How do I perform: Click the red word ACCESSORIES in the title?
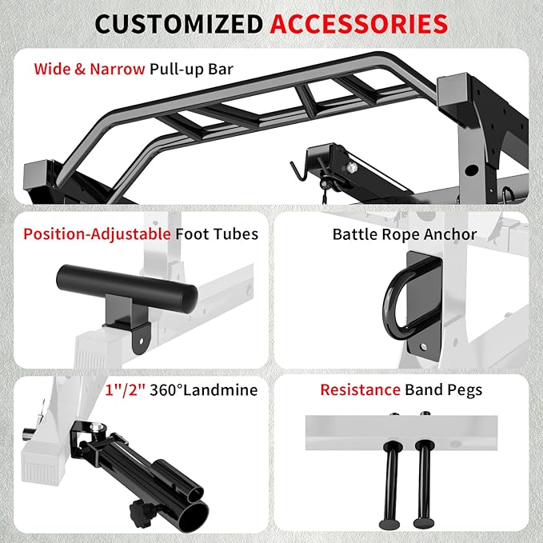(358, 23)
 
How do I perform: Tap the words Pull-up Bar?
(191, 69)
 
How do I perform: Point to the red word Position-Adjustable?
(96, 234)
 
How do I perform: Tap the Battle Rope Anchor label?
(405, 234)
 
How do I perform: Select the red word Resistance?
(359, 390)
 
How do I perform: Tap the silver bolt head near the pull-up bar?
(351, 170)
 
